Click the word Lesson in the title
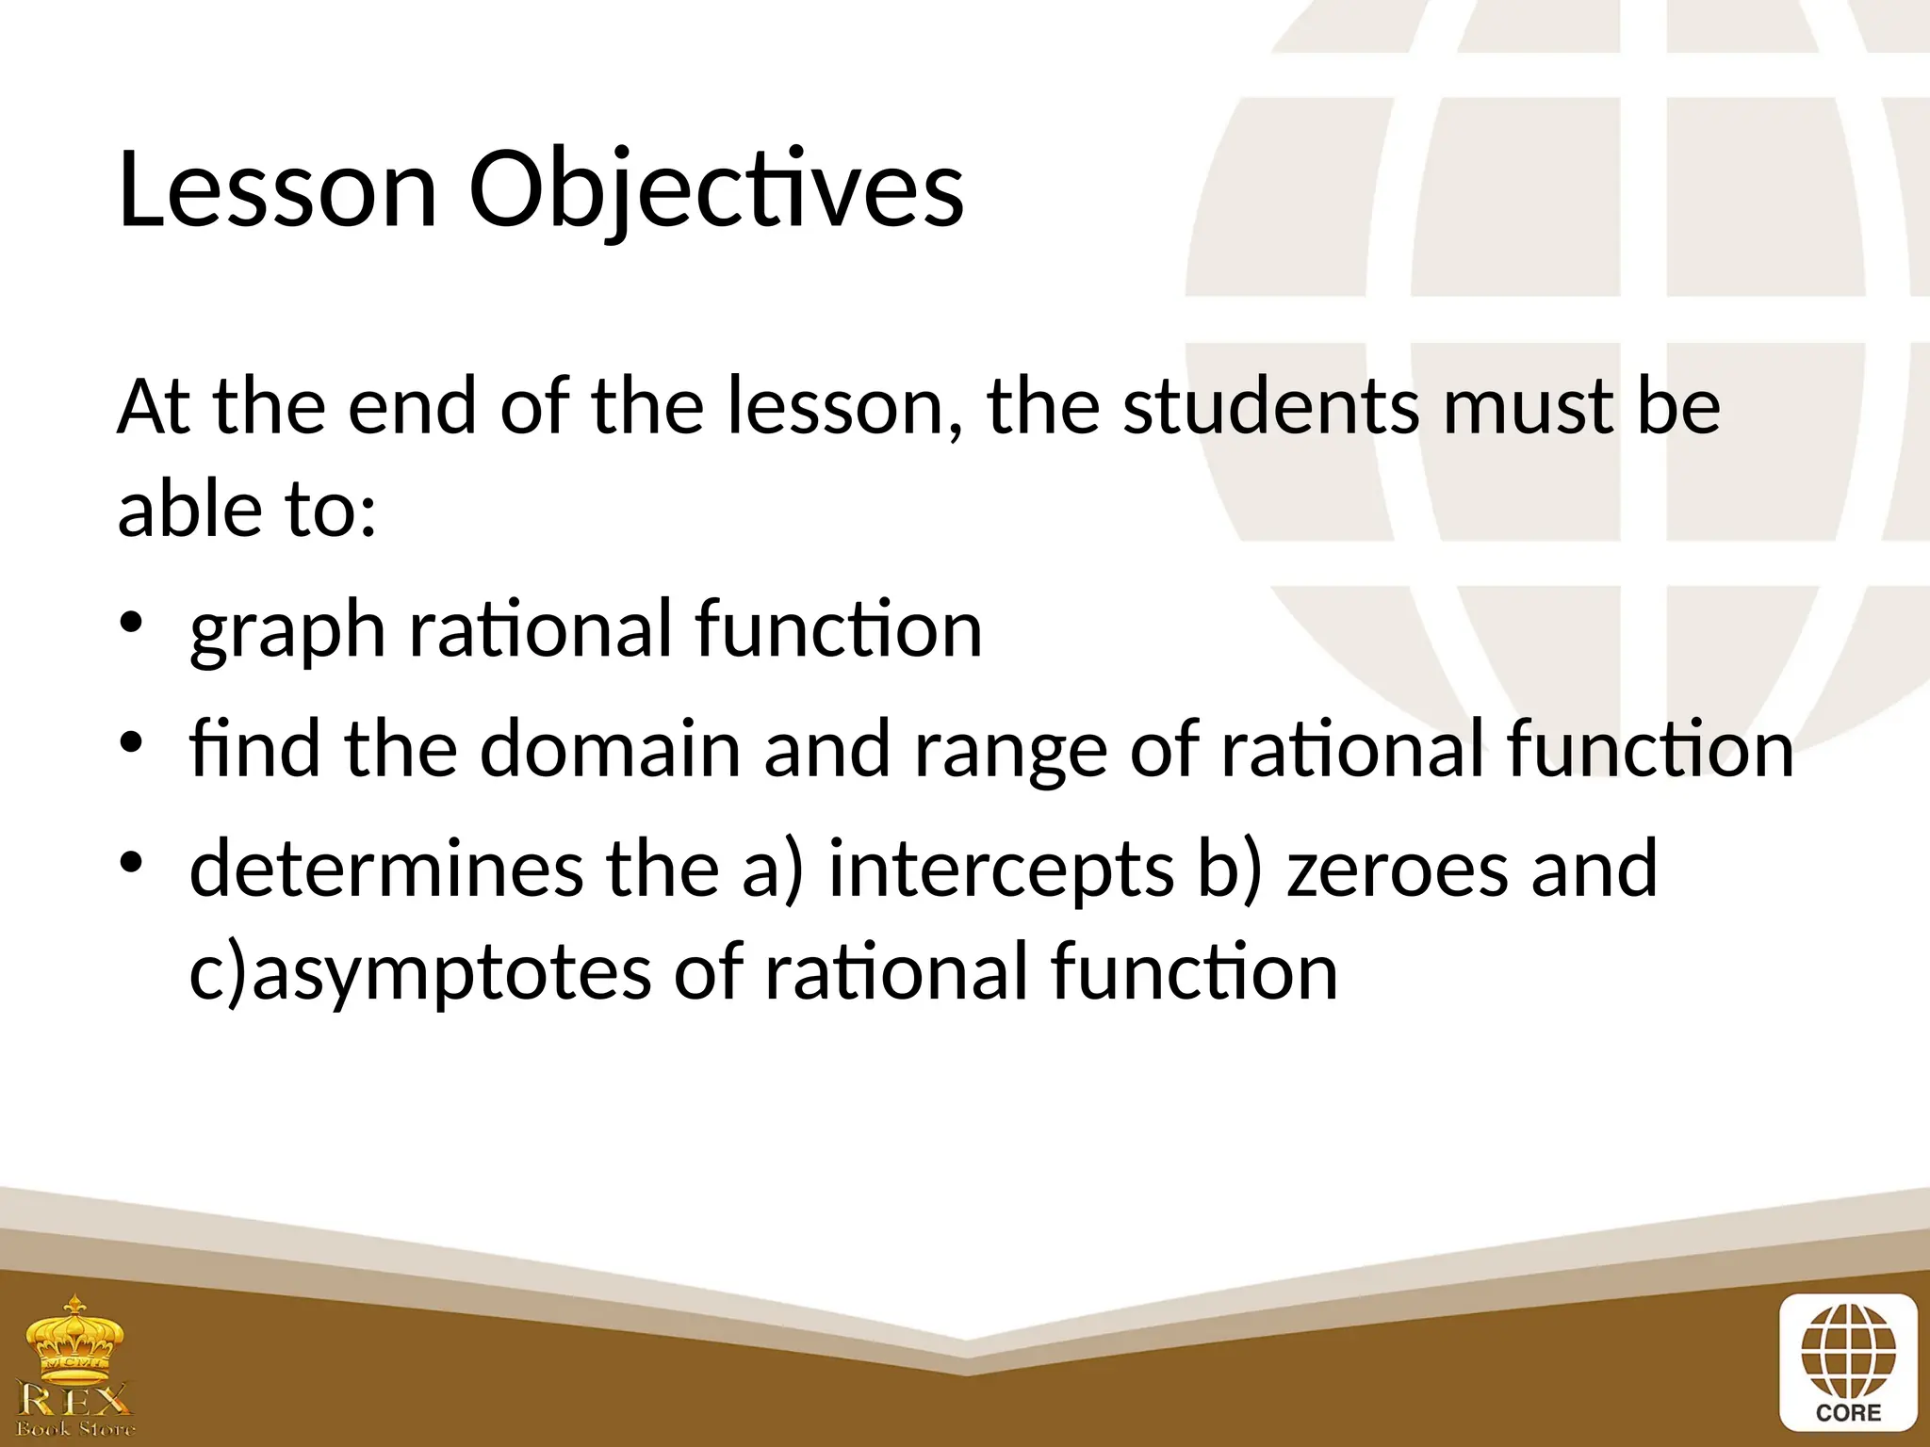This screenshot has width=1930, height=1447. point(277,190)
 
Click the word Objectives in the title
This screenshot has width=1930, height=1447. point(716,190)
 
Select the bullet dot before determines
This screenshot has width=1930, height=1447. point(131,862)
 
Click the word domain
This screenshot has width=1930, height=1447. point(610,750)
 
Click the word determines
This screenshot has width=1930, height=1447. point(386,869)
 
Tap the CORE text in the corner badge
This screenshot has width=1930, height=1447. point(1848,1413)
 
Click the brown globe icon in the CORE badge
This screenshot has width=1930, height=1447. point(1848,1352)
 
